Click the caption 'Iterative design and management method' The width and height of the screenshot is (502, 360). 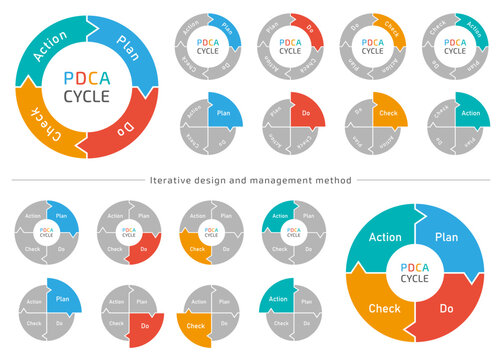[249, 180]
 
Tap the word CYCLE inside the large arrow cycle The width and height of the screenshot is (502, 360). [87, 97]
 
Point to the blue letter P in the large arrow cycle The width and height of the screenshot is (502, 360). [68, 78]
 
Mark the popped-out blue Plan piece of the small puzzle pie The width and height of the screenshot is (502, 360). [63, 297]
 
